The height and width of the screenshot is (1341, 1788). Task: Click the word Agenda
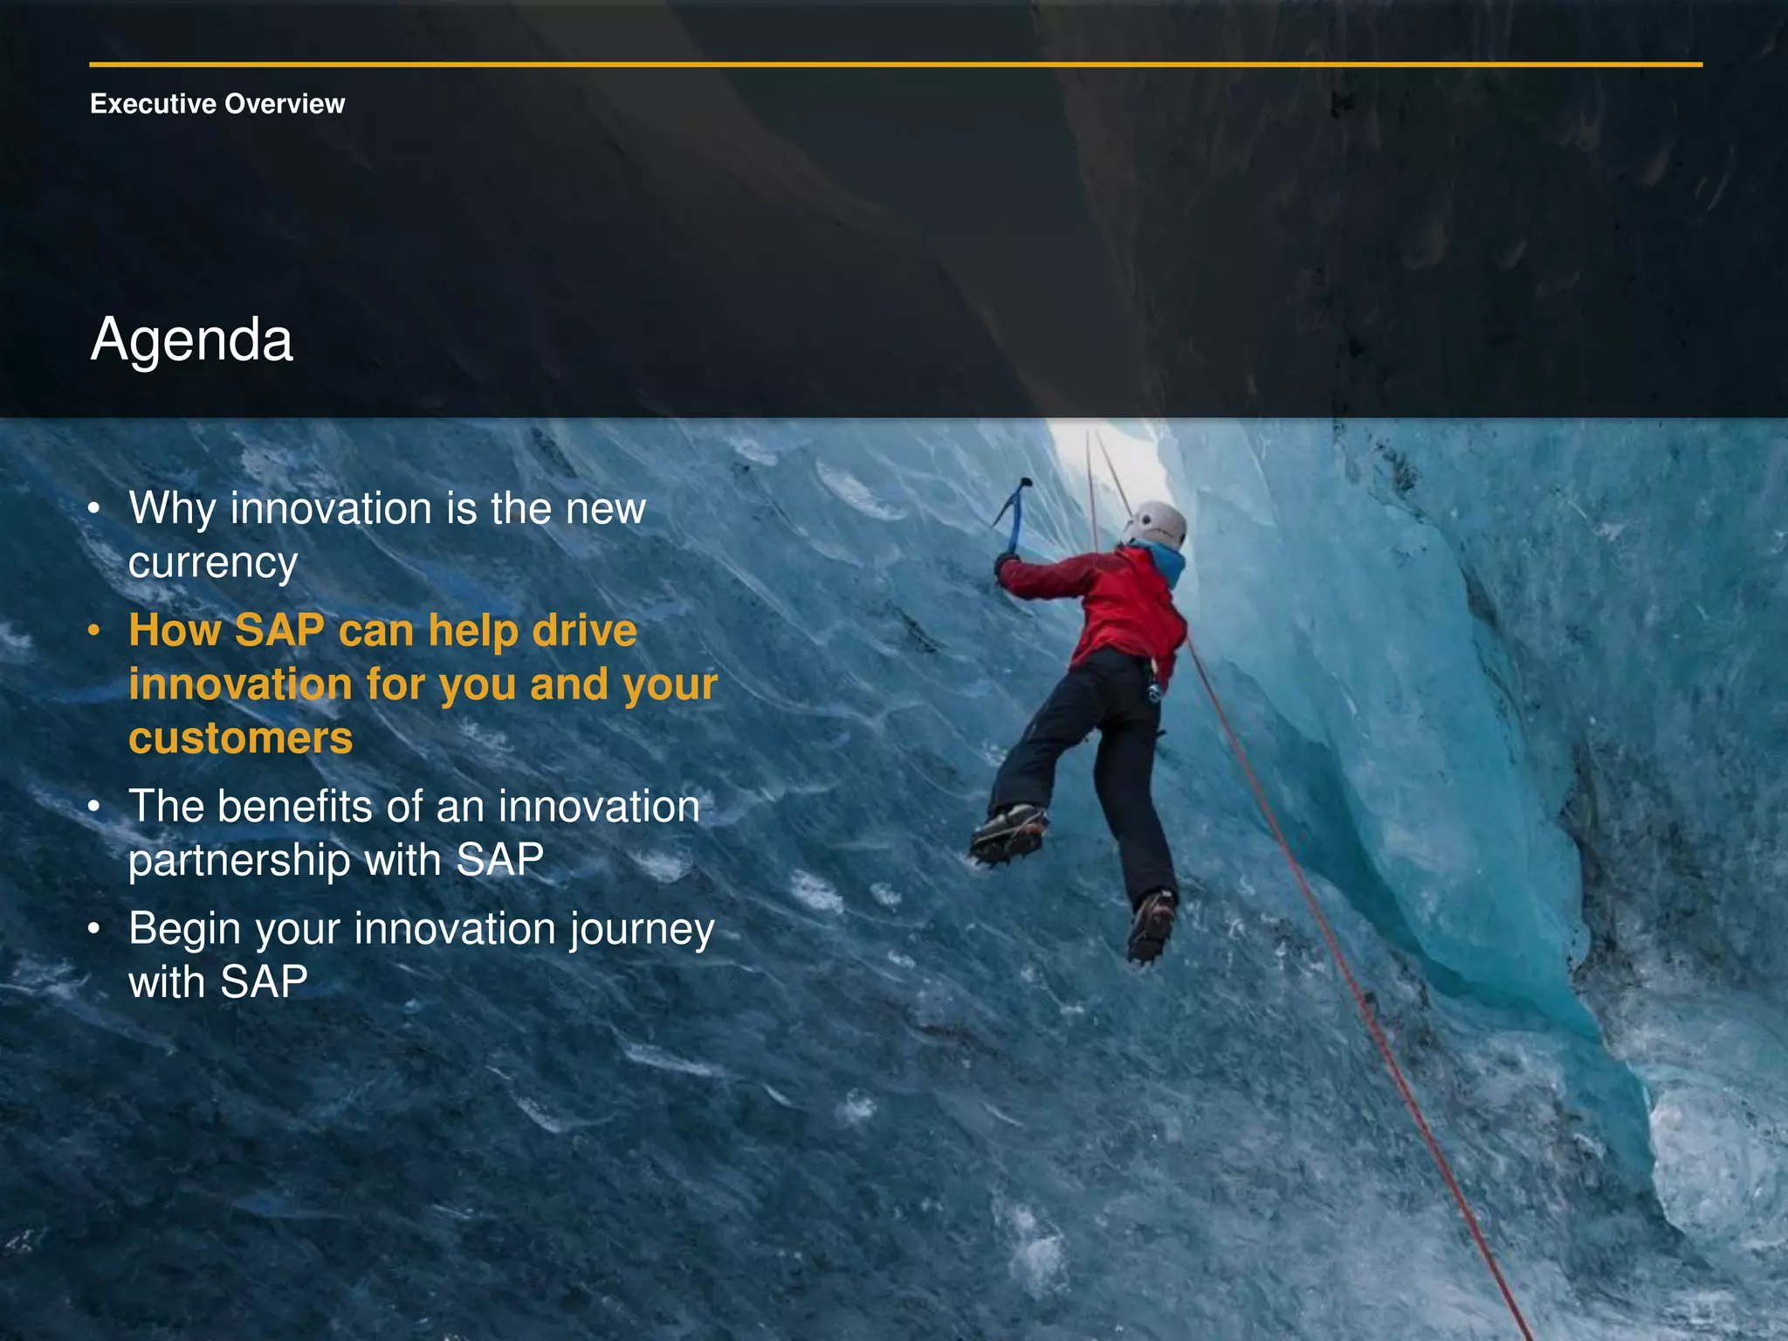pos(191,340)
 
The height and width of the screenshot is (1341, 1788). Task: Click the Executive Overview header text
pos(217,104)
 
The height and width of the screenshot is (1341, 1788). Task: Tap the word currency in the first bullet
pos(213,563)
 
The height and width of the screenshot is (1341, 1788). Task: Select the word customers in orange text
pos(240,739)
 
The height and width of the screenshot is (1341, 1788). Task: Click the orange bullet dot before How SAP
pos(94,630)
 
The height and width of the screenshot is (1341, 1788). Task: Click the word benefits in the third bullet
pos(296,807)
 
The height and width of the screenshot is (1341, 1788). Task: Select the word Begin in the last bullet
pos(184,929)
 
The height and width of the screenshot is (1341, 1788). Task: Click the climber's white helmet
pos(1157,525)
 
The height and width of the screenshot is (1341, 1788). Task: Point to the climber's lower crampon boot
pos(1151,925)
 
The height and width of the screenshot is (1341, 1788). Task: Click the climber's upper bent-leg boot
pos(1008,831)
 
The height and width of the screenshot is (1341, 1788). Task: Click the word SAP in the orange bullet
pos(279,630)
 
